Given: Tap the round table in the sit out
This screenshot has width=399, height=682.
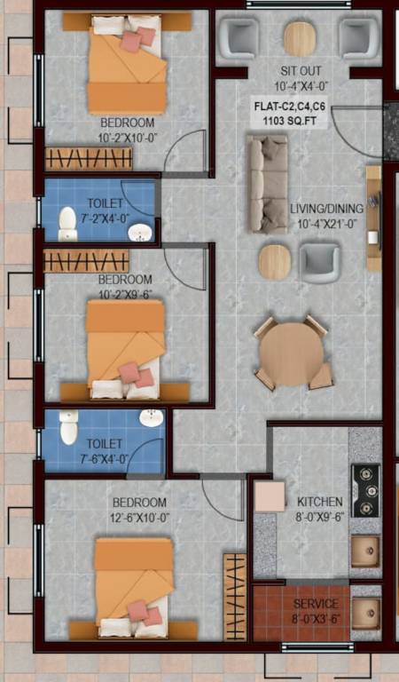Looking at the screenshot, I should tap(300, 38).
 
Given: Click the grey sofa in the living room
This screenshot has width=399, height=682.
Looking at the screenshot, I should tap(267, 184).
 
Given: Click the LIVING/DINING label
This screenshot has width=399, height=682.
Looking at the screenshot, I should tap(326, 209).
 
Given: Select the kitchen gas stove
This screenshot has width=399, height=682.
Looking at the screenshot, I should tap(364, 490).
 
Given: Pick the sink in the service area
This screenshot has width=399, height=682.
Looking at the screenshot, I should tap(364, 610).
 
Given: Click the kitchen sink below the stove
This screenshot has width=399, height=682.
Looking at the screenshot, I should tap(364, 551).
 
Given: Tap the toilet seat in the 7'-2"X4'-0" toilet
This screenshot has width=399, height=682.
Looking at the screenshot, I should tap(68, 224).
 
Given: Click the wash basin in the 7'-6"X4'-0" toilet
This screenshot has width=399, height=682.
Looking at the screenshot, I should tap(152, 417).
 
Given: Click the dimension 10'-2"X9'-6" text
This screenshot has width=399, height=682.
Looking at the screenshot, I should tap(125, 293).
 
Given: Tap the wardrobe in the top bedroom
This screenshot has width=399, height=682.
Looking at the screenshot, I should tap(89, 158).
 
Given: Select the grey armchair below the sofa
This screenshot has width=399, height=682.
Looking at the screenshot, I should tap(319, 262).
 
